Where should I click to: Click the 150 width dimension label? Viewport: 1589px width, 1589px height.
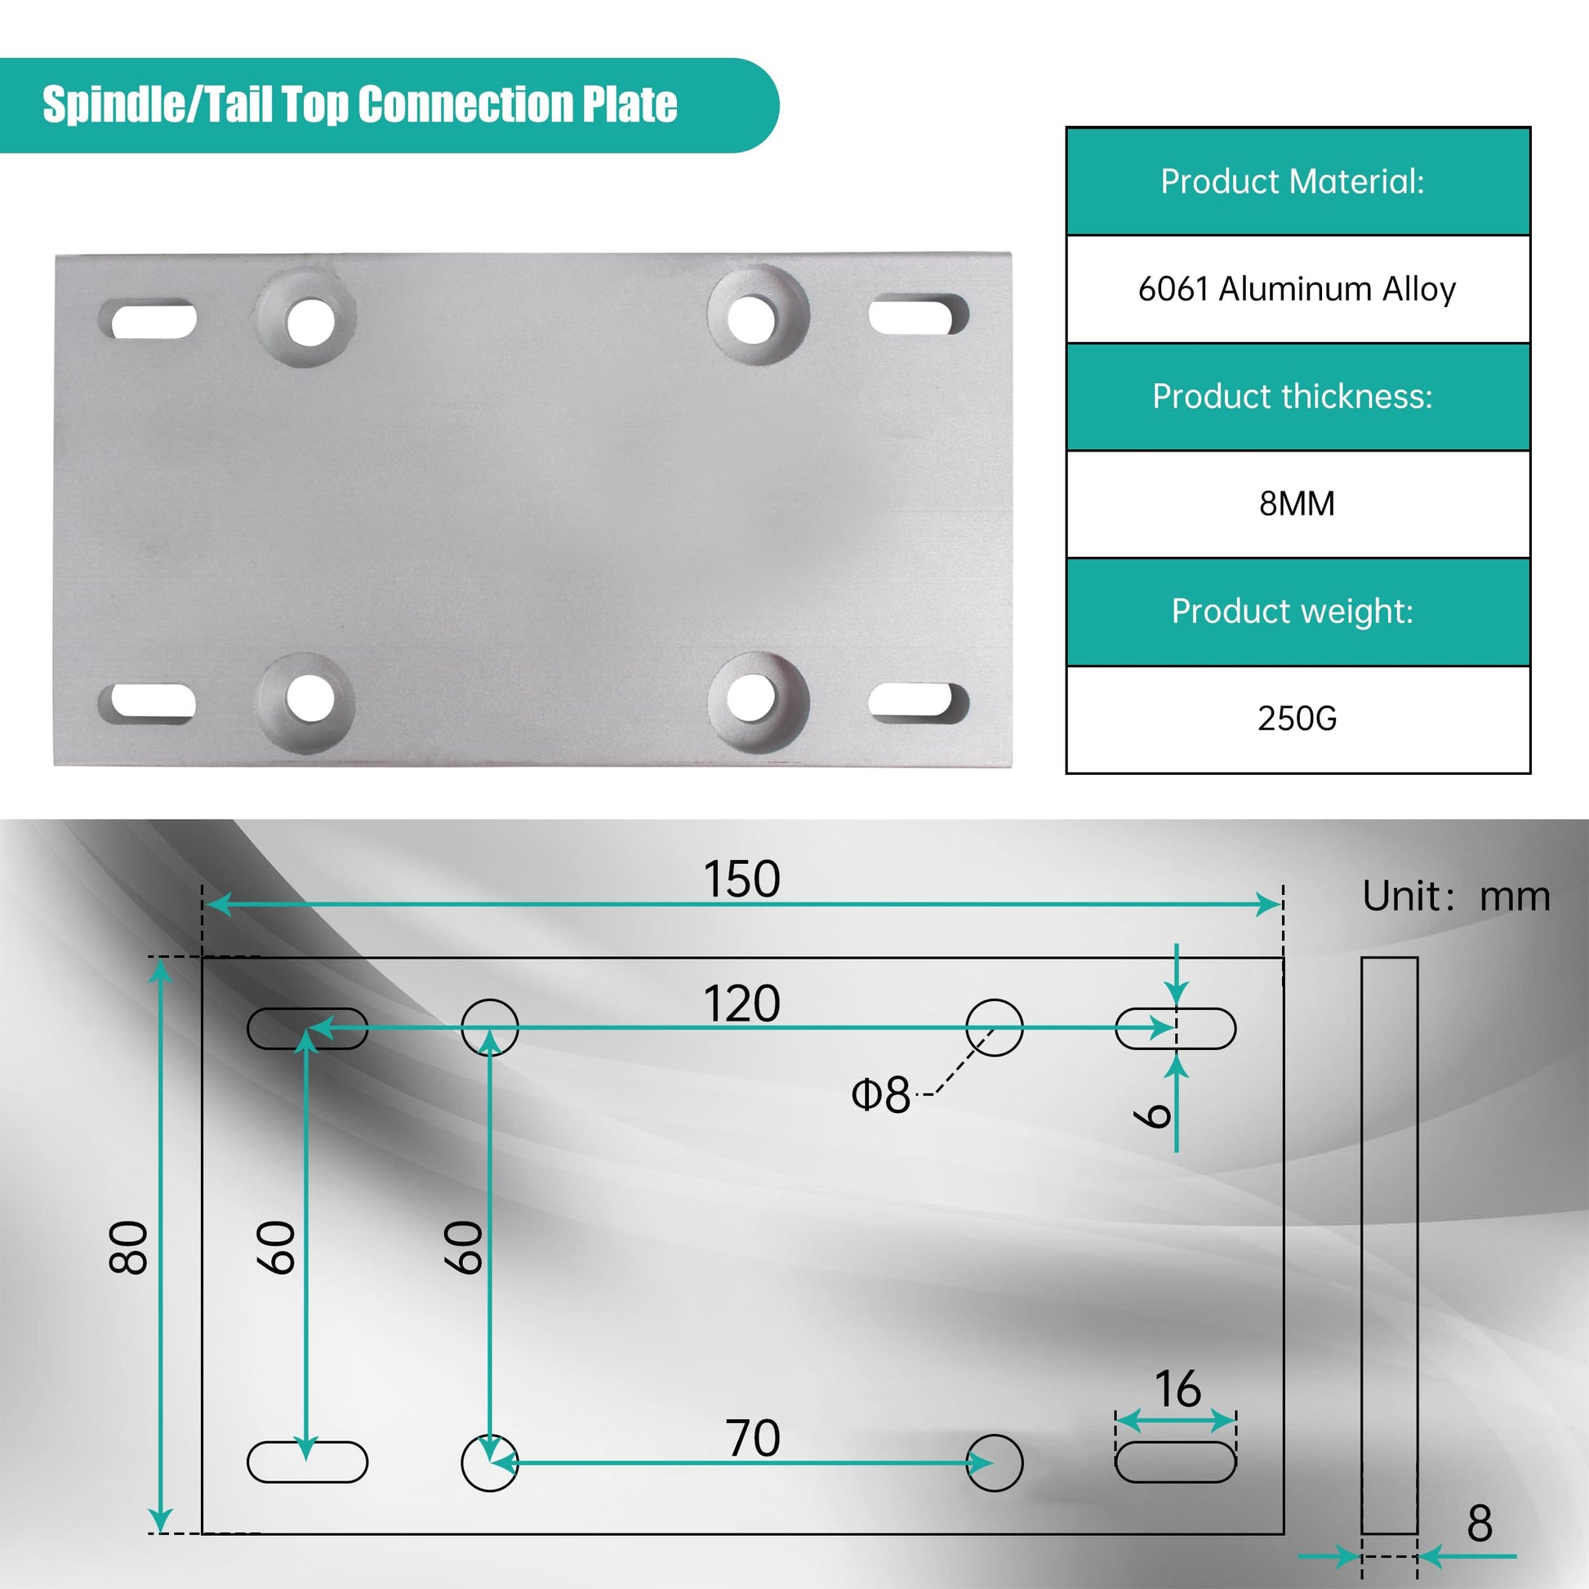(x=741, y=879)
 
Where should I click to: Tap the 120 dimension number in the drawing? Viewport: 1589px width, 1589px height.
(x=741, y=1004)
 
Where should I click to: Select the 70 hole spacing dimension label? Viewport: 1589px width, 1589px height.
(x=753, y=1439)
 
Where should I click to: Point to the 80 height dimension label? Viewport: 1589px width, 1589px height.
(x=128, y=1248)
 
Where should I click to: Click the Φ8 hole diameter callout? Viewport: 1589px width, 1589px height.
(x=881, y=1095)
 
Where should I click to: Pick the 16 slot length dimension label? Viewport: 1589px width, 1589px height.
(x=1177, y=1389)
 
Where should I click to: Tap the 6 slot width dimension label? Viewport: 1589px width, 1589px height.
(x=1152, y=1116)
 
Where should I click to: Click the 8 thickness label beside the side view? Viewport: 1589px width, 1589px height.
(x=1480, y=1524)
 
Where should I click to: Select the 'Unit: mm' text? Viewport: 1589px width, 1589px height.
(x=1456, y=896)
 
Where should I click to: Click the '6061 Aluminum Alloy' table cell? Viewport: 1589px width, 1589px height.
(x=1297, y=289)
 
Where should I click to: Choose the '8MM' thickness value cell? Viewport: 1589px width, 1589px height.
(x=1297, y=504)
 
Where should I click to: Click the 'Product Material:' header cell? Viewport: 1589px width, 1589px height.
(x=1297, y=182)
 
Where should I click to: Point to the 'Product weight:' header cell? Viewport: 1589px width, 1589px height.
(x=1297, y=612)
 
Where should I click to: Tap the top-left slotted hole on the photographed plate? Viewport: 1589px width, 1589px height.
(x=149, y=319)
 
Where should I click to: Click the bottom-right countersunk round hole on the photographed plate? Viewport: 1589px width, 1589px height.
(x=759, y=702)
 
